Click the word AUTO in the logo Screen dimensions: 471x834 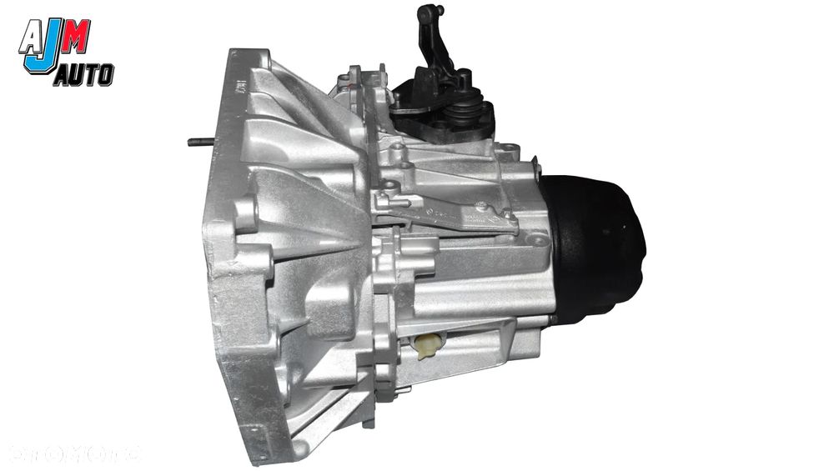pos(83,78)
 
